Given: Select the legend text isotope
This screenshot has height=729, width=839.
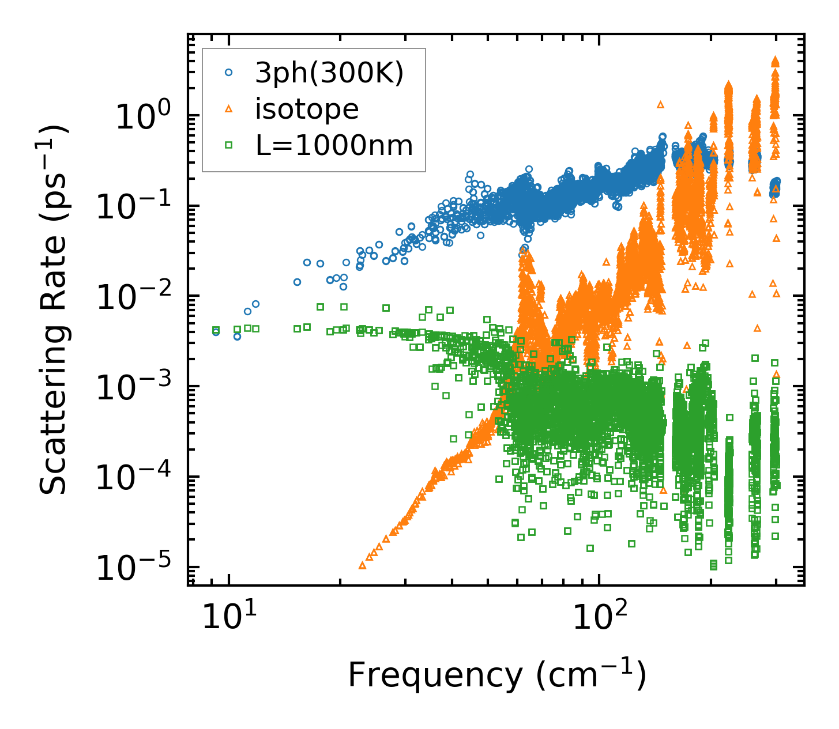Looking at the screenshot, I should (307, 109).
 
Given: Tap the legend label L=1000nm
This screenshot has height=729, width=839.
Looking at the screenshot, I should (334, 146).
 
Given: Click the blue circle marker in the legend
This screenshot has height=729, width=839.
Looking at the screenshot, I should (229, 73).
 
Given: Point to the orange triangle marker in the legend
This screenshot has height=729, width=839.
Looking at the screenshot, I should (229, 109).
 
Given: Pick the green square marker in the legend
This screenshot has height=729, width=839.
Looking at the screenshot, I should (229, 145).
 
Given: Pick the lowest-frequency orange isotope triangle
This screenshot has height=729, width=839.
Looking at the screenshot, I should (363, 565).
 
